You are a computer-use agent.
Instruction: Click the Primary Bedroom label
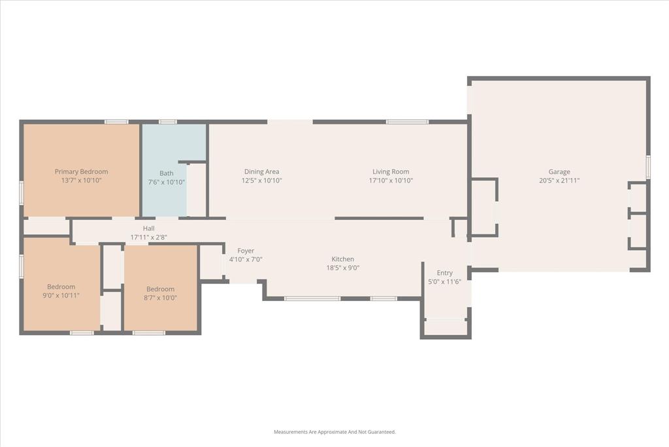tap(81, 171)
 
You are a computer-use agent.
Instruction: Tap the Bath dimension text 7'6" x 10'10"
tap(167, 182)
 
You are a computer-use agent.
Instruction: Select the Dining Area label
tap(261, 171)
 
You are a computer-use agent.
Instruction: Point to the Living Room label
tap(391, 171)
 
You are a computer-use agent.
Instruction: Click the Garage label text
tap(559, 171)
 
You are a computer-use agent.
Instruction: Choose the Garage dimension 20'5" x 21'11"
tap(559, 181)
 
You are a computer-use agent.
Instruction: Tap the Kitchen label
tap(343, 259)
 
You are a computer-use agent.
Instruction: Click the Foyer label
tap(246, 251)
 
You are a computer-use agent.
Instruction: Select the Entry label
tap(444, 273)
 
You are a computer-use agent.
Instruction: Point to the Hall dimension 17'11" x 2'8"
tap(149, 237)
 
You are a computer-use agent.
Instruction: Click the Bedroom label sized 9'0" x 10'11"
tap(61, 287)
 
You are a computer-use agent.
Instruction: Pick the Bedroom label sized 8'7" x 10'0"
tap(160, 289)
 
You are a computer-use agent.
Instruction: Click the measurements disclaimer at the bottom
tap(334, 432)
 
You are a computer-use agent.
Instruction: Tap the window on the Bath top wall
tap(168, 121)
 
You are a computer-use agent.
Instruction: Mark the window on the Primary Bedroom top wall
tap(116, 121)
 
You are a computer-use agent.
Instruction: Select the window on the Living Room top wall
tap(406, 121)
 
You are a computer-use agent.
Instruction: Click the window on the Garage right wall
tap(648, 167)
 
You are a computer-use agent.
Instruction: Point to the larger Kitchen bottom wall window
tap(312, 298)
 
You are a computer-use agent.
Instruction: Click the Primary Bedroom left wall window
tap(21, 193)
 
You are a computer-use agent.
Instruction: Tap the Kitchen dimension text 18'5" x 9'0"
tap(343, 268)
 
